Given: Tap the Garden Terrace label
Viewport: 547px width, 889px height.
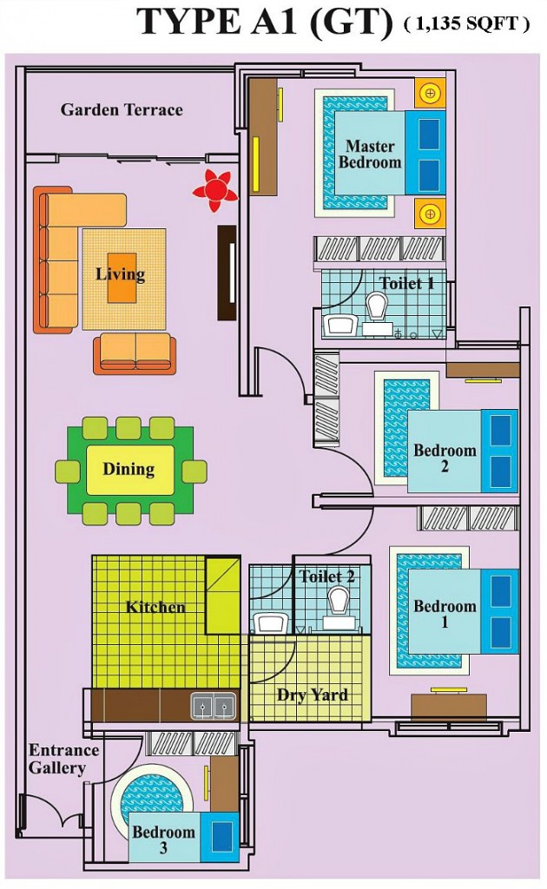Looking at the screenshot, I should point(122,109).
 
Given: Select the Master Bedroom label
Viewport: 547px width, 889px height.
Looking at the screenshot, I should point(370,154).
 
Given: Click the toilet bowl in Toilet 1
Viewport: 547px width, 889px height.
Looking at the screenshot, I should point(377,306).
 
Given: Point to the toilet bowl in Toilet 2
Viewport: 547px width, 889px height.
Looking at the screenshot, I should point(338,600).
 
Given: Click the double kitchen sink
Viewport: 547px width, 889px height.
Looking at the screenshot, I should point(213,707).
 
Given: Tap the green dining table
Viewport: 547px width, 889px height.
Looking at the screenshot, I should point(130,470).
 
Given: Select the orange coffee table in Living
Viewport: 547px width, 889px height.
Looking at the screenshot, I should point(122,279).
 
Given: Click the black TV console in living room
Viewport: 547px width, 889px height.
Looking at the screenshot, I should point(227,273).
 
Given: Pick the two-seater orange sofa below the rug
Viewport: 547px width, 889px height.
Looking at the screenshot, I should point(135,352).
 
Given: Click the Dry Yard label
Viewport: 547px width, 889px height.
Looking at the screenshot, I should point(313,695).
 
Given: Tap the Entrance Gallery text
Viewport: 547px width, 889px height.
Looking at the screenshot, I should point(63,759).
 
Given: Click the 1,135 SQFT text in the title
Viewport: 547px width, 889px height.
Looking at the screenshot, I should point(466,24).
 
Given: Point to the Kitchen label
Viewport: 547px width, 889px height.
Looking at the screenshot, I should point(155,606).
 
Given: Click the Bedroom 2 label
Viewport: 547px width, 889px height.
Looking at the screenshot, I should point(445,458).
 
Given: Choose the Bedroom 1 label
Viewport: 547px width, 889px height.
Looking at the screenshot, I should point(445,613).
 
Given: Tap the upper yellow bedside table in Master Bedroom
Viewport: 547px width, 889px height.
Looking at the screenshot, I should point(429,92).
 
